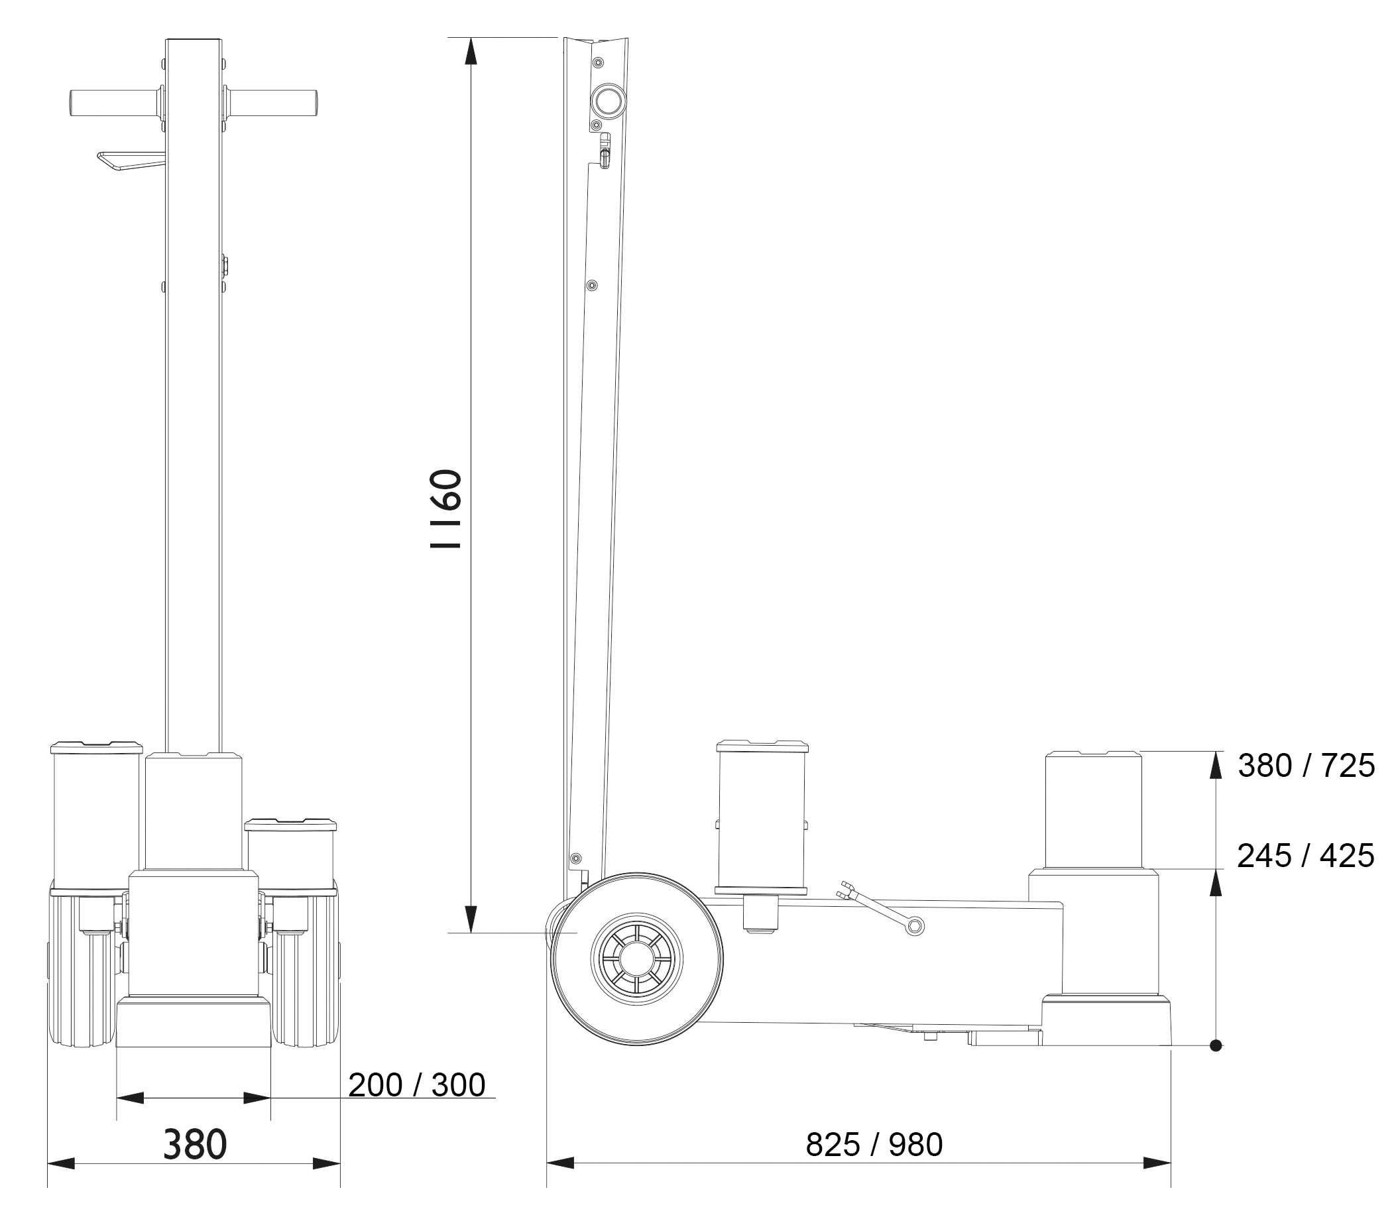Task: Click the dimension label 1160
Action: tap(445, 508)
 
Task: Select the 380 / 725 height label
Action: tap(1307, 766)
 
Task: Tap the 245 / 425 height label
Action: tap(1306, 856)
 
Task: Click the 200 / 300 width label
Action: tap(417, 1085)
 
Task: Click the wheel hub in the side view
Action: tap(636, 959)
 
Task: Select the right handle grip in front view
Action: tap(271, 103)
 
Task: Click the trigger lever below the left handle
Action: tap(130, 162)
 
